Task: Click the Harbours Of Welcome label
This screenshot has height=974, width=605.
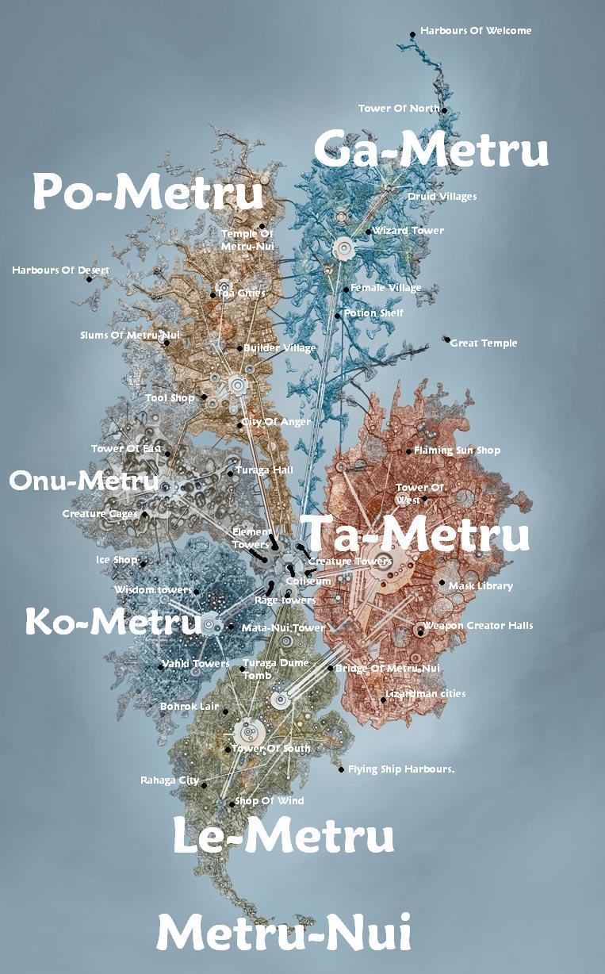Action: point(476,31)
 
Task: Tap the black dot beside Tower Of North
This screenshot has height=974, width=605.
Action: point(446,110)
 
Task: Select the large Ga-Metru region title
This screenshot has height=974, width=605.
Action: point(431,149)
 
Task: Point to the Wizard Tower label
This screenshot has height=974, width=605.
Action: point(408,231)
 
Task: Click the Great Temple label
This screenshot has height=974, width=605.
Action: point(484,343)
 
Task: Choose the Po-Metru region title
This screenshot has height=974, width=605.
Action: point(147,193)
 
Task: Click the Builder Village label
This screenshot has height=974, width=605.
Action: point(279,348)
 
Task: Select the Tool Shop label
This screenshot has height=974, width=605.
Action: point(170,398)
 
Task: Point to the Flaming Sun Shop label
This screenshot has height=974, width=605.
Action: point(458,451)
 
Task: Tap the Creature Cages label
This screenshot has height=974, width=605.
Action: point(100,514)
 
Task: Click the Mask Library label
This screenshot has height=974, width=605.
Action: point(481,586)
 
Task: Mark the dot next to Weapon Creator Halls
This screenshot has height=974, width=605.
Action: point(420,631)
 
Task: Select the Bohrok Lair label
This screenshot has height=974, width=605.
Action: point(190,706)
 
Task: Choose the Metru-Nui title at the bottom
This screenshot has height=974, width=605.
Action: point(284,932)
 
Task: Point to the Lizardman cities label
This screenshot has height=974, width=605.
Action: point(426,694)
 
